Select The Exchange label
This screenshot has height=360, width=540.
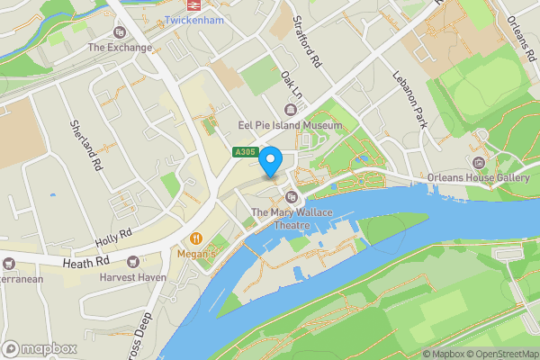119,48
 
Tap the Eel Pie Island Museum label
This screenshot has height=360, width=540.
289,125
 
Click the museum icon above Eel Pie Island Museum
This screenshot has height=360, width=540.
290,110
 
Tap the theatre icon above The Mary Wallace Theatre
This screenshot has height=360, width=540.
290,197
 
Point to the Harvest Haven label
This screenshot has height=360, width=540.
134,277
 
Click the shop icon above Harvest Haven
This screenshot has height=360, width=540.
134,262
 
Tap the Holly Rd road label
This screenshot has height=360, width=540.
113,238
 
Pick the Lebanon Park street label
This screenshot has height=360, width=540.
409,98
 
